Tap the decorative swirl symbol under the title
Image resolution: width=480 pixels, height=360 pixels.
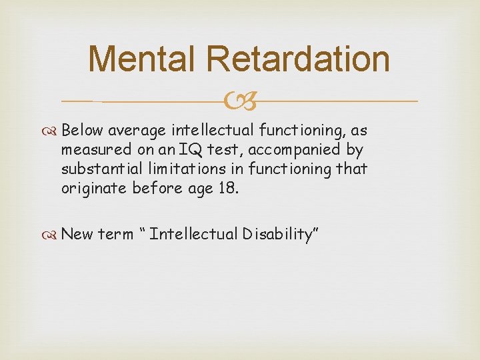[239, 101]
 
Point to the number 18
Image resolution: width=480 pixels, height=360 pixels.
[226, 188]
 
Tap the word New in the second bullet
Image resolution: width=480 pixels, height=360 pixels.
[77, 234]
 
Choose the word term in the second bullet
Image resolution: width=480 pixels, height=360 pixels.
[116, 234]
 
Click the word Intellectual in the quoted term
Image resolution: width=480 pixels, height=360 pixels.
[193, 234]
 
